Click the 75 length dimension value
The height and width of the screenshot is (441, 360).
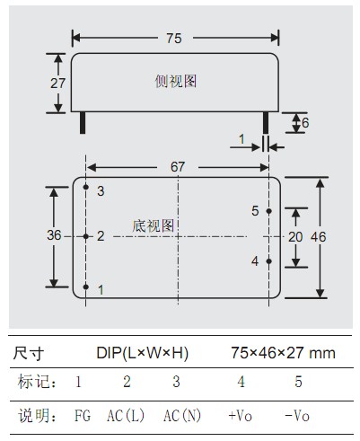174,39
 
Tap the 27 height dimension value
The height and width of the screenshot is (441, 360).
57,84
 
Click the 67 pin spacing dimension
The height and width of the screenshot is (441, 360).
178,167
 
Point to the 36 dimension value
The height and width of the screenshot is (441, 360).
54,235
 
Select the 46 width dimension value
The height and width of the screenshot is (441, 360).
318,237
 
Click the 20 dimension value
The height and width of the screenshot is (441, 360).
295,237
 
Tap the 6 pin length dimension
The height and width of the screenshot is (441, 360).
305,123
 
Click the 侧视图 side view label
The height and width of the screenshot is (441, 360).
176,81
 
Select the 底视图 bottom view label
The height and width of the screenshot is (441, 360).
154,225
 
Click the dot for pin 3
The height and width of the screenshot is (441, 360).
86,187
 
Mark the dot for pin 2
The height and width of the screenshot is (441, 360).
86,236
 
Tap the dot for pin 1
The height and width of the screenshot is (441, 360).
86,287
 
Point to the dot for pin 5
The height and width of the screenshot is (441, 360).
269,211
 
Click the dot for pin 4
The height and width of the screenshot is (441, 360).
269,261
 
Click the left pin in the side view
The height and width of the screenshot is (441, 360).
83,123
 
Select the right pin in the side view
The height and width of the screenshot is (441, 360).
266,123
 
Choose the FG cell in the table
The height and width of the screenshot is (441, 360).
83,416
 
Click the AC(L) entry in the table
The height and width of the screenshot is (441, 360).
126,416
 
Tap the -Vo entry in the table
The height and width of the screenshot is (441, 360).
297,416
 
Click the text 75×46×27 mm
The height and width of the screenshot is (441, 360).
283,353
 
